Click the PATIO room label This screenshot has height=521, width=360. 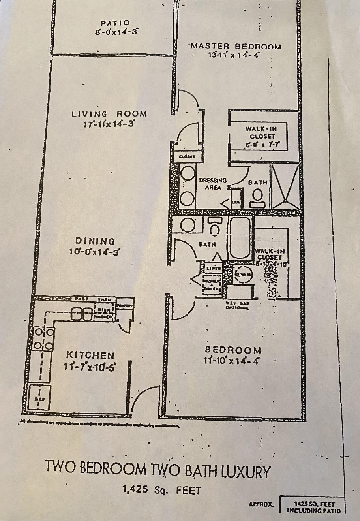pos(115,23)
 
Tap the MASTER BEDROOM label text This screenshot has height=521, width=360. pos(236,47)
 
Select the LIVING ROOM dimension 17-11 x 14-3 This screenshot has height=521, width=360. pos(109,124)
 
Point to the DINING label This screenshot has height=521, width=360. pos(95,241)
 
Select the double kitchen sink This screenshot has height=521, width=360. pos(82,314)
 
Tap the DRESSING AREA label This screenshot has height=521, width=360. pos(213,184)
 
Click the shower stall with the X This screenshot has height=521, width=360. pos(285,186)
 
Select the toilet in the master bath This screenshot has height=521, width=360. pos(257,197)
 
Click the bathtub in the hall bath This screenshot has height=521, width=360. pos(240,237)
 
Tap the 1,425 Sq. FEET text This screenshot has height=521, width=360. pos(162,490)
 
